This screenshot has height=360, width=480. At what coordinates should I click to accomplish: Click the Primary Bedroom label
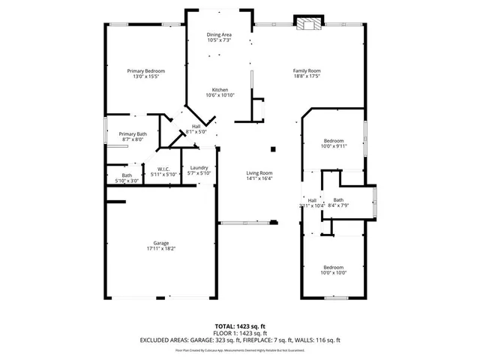coord(145,70)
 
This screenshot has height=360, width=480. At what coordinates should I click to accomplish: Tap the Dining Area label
coord(219,34)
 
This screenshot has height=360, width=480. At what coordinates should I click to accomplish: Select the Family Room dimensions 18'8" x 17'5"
coord(306,76)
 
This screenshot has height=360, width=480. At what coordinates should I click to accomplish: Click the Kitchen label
coord(219,90)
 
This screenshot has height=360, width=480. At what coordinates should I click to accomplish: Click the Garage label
coord(160,243)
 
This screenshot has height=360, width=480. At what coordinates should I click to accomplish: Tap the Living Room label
coord(259,173)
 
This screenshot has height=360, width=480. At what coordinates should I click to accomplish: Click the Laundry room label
coord(199,168)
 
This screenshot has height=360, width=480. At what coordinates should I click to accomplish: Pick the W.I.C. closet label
coord(163,169)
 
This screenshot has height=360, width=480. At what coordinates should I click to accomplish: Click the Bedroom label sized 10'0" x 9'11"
coord(334,141)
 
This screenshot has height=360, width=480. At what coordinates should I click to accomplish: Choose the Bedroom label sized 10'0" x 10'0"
coord(334,268)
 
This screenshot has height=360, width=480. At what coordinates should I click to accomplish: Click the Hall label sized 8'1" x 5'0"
coord(196,126)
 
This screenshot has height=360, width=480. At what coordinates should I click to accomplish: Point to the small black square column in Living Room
coord(274,148)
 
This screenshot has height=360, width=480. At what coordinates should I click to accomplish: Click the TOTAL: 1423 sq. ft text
coord(240,326)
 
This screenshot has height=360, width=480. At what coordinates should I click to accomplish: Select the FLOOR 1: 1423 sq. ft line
coord(240,333)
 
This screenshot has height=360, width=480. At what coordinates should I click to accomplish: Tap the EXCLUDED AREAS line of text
coord(240,340)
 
